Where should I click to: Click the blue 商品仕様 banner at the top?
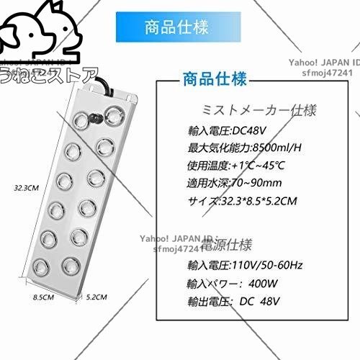(x=176, y=29)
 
